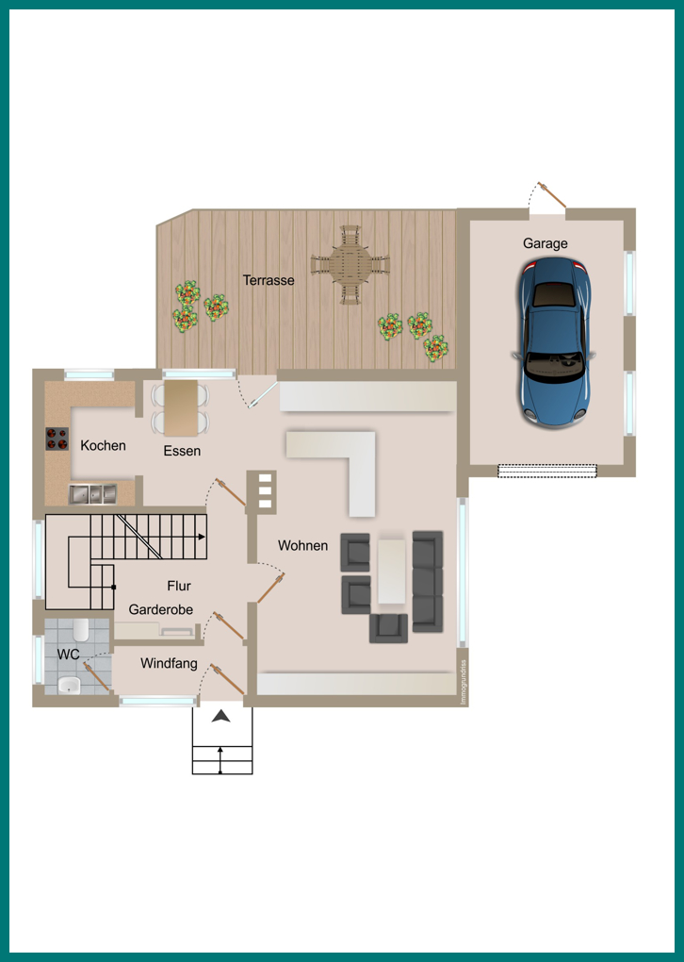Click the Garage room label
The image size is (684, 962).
(x=545, y=243)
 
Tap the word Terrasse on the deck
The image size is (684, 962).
(x=269, y=280)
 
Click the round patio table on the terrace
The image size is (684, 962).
(x=350, y=265)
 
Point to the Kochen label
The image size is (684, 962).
(x=103, y=445)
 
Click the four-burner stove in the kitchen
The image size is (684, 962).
(x=57, y=439)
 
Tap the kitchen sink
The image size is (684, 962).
(x=92, y=494)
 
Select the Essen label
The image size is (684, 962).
(x=182, y=451)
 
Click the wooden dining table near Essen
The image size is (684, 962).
(x=181, y=408)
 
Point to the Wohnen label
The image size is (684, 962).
(x=302, y=545)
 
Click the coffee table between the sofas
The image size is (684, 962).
(x=392, y=572)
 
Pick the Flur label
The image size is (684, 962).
(x=179, y=586)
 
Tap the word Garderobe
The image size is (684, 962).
(x=160, y=609)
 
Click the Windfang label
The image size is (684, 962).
(x=170, y=663)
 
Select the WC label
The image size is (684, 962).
(x=68, y=655)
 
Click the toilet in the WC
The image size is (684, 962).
(x=81, y=629)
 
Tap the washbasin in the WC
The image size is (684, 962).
(x=69, y=685)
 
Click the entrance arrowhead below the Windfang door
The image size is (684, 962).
(x=220, y=715)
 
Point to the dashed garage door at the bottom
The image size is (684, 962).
(x=546, y=471)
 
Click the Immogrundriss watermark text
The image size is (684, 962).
(x=464, y=682)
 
